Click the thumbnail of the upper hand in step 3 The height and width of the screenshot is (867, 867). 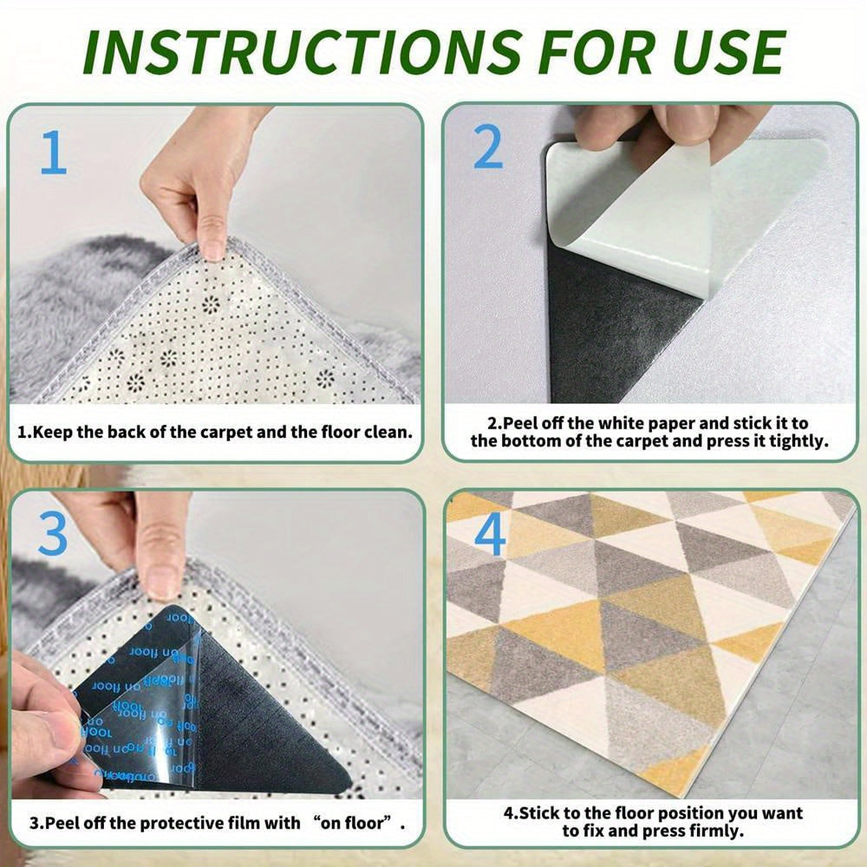160,579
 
